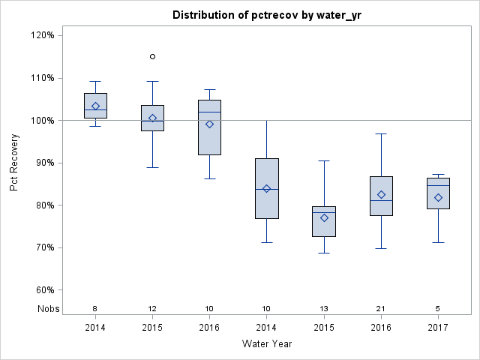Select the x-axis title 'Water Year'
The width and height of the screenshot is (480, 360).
coord(267,343)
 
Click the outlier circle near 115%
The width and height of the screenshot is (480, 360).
coord(153,56)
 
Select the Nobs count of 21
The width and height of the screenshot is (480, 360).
coord(381,309)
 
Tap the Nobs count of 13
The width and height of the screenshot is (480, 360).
coord(324,309)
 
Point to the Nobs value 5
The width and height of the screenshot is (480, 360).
coord(438,309)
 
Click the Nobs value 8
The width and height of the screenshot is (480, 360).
coord(95,309)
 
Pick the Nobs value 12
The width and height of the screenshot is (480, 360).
coord(153,309)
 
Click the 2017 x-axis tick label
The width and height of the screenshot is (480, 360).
coord(438,327)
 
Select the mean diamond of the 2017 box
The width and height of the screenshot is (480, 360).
coord(438,198)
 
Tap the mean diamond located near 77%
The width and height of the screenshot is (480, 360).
coord(324,217)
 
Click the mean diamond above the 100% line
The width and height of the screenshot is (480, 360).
coord(95,106)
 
